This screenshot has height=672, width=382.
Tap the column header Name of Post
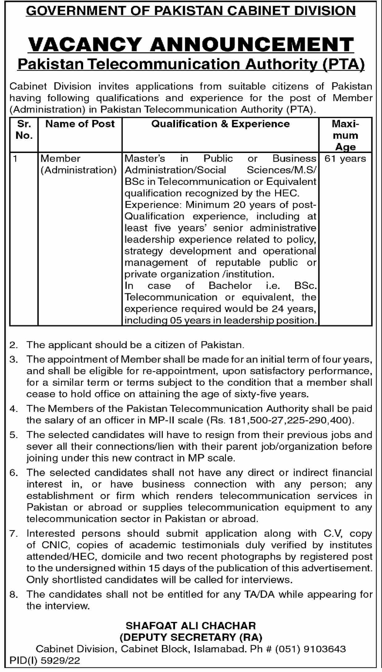pos(80,124)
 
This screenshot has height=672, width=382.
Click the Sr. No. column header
pos(24,130)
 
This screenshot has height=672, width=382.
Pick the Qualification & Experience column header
pos(220,124)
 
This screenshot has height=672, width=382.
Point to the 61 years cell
pos(345,159)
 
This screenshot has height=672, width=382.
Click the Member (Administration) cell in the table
pos(79,164)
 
